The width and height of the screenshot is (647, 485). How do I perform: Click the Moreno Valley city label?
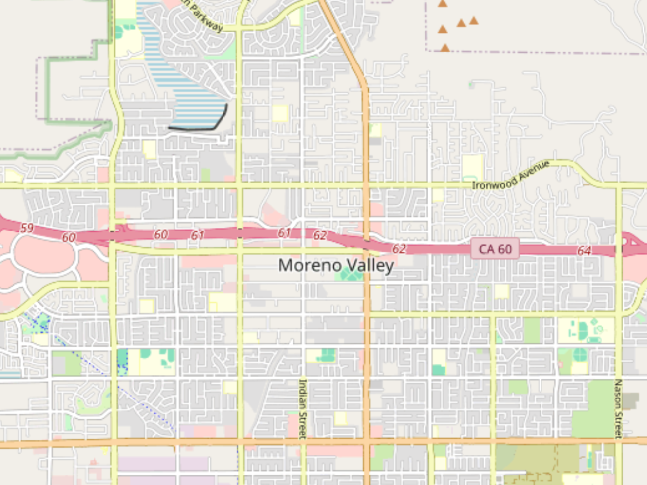click(x=336, y=265)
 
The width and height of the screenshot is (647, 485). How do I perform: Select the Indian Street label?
click(x=302, y=408)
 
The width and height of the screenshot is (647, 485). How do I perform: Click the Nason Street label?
click(x=618, y=408)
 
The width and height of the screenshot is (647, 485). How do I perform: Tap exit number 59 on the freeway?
click(x=26, y=228)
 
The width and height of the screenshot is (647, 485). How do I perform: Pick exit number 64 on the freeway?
click(x=584, y=251)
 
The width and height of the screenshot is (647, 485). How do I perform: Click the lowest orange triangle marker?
click(x=445, y=48)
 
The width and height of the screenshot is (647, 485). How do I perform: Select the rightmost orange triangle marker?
click(x=473, y=20)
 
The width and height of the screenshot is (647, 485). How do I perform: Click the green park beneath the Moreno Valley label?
click(x=350, y=275)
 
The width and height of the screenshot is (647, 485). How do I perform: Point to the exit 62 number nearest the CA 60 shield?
click(x=399, y=248)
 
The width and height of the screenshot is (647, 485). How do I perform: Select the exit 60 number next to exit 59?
click(x=68, y=237)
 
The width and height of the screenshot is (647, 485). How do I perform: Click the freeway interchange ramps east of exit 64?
click(x=631, y=245)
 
